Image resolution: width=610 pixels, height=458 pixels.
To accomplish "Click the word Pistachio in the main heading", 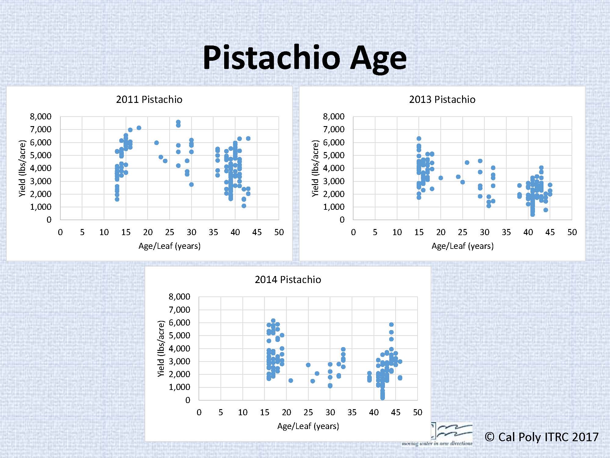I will tap(271, 58).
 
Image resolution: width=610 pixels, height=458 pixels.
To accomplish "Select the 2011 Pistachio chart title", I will tap(149, 100).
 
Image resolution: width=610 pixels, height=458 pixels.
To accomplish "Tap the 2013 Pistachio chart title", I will tap(442, 100).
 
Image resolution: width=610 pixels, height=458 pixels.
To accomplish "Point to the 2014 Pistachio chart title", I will tap(288, 280).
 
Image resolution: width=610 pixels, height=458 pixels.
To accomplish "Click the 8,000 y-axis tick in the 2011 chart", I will tap(41, 116).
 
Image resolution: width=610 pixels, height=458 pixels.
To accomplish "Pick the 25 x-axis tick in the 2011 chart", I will tap(170, 232).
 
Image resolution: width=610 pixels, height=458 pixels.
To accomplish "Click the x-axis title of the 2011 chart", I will tap(170, 246).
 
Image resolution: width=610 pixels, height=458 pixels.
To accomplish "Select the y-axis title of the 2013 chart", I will tap(315, 168).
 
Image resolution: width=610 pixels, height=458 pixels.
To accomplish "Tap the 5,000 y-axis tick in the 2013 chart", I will tap(333, 155).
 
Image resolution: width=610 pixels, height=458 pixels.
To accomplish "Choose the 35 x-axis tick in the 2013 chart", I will tap(506, 232).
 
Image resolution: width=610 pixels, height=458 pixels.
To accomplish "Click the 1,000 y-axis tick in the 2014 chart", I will tap(179, 387).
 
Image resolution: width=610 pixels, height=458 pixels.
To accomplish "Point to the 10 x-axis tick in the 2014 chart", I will tap(242, 413).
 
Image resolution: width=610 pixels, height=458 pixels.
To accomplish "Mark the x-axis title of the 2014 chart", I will tap(308, 426).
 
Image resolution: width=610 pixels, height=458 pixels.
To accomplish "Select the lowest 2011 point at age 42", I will tap(244, 206).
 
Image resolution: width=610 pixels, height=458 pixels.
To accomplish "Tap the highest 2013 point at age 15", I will tap(419, 139).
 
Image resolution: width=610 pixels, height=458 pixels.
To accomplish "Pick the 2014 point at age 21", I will tap(291, 380).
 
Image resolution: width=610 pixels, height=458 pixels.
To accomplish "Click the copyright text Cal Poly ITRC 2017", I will tap(542, 437).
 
